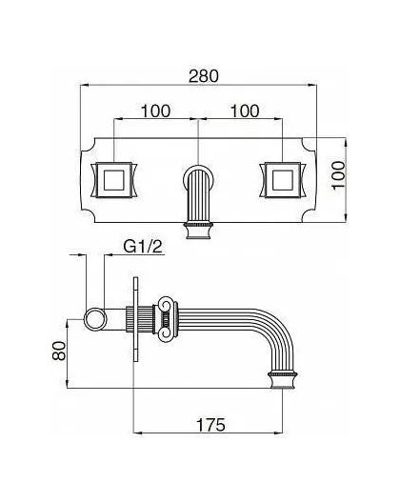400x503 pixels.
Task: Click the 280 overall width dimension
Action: point(204,76)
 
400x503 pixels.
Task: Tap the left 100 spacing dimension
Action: point(156,111)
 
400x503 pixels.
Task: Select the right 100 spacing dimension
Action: point(245,111)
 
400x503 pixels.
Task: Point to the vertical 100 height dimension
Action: point(338,175)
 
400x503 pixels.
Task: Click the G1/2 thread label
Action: point(143,247)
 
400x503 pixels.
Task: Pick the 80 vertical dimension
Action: point(59,351)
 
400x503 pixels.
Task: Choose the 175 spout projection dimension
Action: point(210,425)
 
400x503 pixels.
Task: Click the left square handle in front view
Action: point(114,180)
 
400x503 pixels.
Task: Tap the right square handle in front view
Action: point(282,180)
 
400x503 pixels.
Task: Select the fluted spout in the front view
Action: point(198,194)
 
